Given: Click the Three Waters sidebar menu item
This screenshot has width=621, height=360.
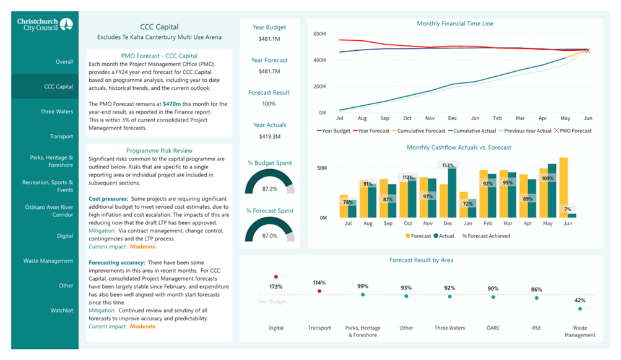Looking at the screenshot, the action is click(x=56, y=112).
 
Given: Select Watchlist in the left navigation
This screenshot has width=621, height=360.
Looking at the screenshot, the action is click(x=61, y=310).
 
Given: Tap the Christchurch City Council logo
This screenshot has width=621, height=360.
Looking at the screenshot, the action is click(x=45, y=24).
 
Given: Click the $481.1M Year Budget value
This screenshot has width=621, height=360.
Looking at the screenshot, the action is click(x=269, y=39).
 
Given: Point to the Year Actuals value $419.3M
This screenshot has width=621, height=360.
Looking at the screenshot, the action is click(x=270, y=136).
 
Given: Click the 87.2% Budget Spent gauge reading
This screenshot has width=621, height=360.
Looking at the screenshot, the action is click(x=270, y=189).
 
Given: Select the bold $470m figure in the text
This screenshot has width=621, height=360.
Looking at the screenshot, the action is click(x=172, y=104).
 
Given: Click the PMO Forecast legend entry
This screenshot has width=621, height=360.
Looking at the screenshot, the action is click(x=573, y=131).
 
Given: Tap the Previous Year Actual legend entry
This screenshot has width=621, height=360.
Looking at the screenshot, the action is click(x=525, y=131).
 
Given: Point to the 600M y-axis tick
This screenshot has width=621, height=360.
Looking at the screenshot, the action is click(x=319, y=34).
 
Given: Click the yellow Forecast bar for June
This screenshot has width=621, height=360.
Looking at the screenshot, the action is click(x=563, y=188).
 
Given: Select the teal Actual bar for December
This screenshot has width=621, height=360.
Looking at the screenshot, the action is click(x=452, y=192).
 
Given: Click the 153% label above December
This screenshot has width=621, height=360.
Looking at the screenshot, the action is click(x=448, y=165).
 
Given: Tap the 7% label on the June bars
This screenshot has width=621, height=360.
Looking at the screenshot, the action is click(x=568, y=209).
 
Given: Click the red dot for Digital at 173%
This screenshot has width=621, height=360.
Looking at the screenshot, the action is click(x=276, y=277).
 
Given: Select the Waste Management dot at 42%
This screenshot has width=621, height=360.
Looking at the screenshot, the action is click(x=580, y=309).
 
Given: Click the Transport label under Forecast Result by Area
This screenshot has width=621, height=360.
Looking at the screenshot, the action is click(x=319, y=328).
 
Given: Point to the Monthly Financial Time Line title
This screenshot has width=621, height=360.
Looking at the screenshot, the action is click(x=455, y=24).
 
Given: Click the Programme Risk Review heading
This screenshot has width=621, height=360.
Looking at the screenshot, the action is click(x=159, y=151).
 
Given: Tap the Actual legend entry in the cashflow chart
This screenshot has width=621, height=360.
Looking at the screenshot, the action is click(x=444, y=236).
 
